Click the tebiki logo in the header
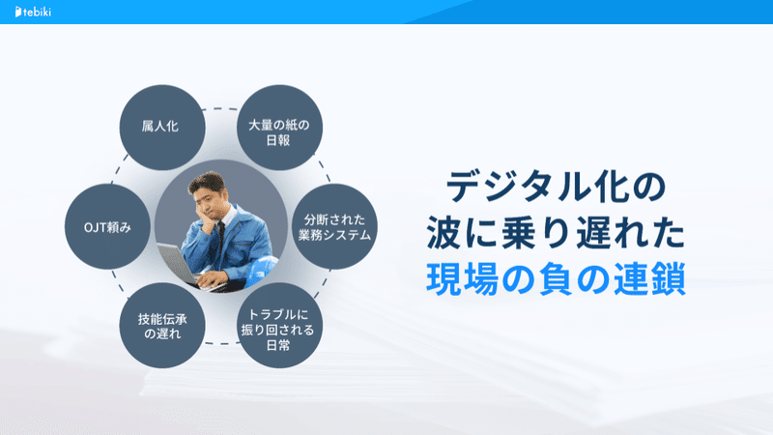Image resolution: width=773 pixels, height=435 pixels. pos(33,12)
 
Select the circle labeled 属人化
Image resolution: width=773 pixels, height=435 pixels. pos(162,128)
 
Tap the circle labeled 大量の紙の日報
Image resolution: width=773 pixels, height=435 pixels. pos(279,128)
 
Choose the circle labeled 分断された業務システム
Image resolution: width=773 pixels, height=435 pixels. pos(334,227)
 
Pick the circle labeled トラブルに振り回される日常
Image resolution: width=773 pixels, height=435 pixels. pos(279,326)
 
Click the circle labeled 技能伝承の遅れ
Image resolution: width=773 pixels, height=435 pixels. pos(162,326)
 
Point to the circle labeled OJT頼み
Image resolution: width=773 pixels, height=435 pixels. pos(107,227)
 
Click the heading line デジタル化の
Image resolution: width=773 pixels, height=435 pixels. pos(557,188)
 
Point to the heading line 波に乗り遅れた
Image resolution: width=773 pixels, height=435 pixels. pos(557,233)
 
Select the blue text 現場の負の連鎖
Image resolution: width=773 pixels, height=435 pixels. pos(557,279)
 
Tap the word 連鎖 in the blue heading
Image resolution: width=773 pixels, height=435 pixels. pos(649,279)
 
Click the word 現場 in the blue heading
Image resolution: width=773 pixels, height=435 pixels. pos(463,279)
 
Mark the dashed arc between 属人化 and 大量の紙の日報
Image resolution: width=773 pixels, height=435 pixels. pos(221,109)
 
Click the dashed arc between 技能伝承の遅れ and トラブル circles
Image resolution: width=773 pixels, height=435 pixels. pos(221,343)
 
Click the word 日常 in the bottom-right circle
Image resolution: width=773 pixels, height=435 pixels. pos(278,345)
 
